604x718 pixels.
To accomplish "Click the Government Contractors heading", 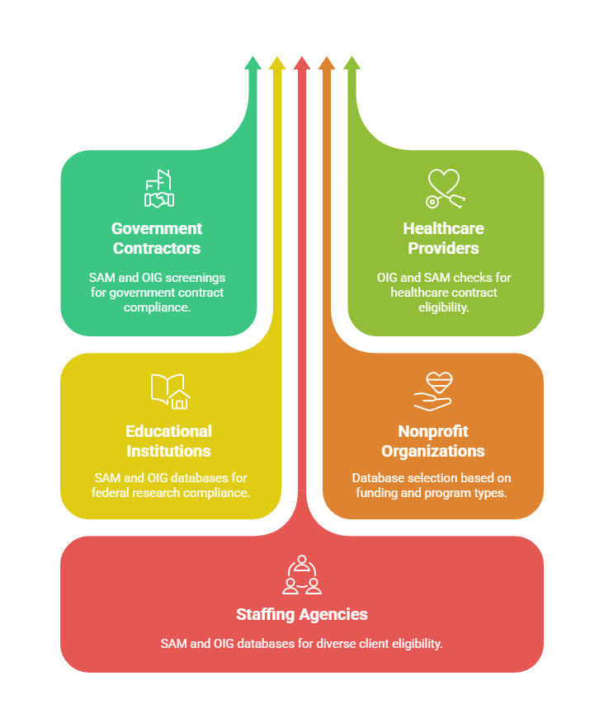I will click(x=157, y=238).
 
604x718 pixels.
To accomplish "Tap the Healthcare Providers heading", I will click(x=443, y=238).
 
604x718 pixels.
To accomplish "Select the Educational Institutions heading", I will click(x=168, y=441).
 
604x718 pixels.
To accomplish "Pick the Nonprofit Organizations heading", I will click(x=432, y=441).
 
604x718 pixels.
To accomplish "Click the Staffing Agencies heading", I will click(x=302, y=614).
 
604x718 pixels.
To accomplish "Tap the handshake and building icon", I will click(x=158, y=189).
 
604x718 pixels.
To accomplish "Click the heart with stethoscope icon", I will click(x=444, y=189).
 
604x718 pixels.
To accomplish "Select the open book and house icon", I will click(x=170, y=391).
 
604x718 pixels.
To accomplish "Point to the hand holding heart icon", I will click(x=432, y=391).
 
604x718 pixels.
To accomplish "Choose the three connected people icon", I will click(x=302, y=575).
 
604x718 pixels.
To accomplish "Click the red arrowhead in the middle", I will click(x=302, y=63).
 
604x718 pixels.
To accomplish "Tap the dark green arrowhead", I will click(x=252, y=63).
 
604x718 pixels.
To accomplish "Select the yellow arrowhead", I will click(x=277, y=63).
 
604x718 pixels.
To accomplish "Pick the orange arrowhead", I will click(x=327, y=63).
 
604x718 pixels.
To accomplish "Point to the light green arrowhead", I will click(x=352, y=63).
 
